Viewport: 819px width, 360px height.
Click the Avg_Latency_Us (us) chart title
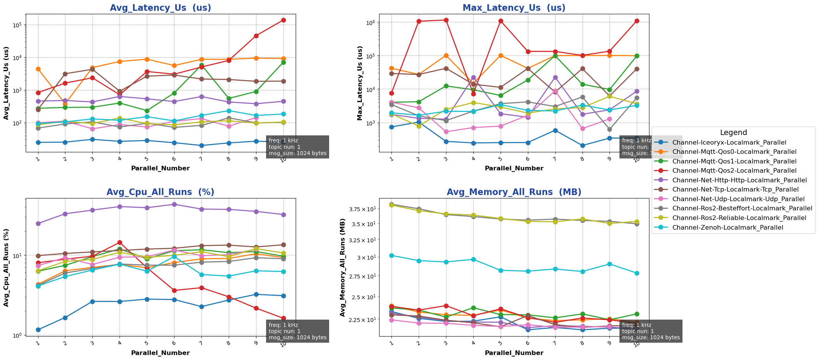[x=160, y=8]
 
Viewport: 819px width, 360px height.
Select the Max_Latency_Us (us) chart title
[x=514, y=8]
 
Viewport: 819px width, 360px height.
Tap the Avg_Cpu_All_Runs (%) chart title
[x=160, y=192]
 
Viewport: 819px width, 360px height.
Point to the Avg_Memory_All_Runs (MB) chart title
[x=514, y=192]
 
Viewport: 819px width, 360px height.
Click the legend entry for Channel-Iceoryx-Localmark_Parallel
[x=729, y=143]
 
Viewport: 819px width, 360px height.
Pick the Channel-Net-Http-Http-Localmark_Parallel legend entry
[x=739, y=180]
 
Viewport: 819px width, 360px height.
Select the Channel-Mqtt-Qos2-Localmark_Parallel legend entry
[x=734, y=171]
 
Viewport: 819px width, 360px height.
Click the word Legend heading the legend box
[x=733, y=133]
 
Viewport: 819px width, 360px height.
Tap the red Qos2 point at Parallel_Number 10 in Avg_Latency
[x=283, y=20]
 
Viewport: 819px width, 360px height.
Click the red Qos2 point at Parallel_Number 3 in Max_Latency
[x=446, y=20]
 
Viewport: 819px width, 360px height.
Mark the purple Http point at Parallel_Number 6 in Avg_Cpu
[x=174, y=204]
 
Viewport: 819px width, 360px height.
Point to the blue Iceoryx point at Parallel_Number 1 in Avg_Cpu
[x=38, y=330]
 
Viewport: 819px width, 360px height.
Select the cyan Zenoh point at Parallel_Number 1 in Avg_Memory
[x=391, y=255]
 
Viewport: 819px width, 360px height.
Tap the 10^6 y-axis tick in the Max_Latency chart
[x=373, y=22]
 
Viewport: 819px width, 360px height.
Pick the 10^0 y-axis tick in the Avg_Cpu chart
[x=19, y=335]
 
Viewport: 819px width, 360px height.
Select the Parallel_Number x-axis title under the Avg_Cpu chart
[x=160, y=353]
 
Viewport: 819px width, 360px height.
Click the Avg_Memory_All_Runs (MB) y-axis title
[x=343, y=267]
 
